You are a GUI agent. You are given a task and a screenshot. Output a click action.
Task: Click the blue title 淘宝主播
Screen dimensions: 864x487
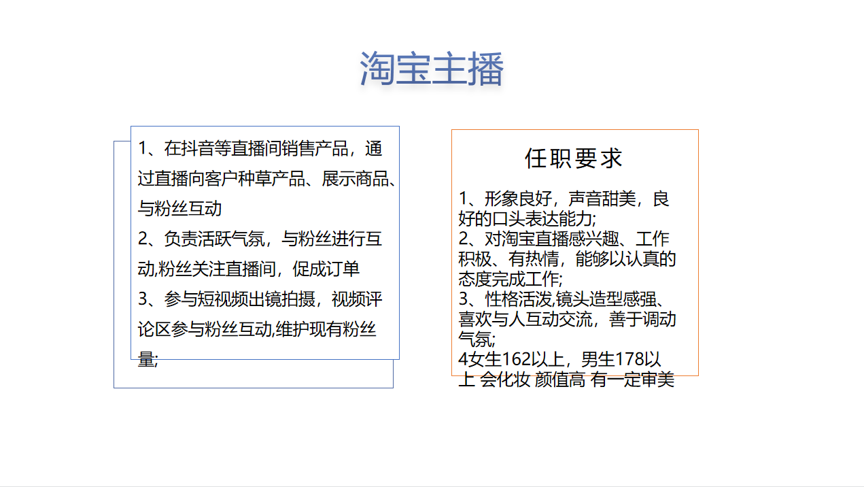point(432,69)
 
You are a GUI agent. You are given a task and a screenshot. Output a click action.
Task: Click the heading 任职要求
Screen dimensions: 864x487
point(574,158)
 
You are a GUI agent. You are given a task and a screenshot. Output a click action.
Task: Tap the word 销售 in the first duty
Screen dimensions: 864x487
point(298,148)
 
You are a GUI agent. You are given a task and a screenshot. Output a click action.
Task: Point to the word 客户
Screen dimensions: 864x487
point(221,179)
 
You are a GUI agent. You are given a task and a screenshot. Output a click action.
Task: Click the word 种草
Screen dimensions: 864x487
point(254,179)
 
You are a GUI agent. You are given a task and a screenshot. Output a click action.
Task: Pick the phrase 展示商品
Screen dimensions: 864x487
point(355,179)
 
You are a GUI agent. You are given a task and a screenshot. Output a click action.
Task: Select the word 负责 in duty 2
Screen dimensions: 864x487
point(181,239)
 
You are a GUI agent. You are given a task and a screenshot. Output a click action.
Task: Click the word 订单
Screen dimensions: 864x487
point(343,269)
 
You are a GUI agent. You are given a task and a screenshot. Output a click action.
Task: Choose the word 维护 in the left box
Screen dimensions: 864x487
point(292,329)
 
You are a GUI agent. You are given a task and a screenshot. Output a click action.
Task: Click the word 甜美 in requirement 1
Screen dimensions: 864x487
point(619,199)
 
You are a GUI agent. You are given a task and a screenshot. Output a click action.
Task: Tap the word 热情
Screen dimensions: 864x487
point(542,259)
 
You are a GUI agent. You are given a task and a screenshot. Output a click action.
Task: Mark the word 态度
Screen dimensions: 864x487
point(474,279)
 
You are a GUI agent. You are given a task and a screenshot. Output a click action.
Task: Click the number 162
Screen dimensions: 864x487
point(516,359)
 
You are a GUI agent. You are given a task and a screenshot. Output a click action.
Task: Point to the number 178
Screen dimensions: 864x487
point(629,359)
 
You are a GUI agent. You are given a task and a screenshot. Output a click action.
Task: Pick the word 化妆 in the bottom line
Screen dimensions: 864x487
point(514,380)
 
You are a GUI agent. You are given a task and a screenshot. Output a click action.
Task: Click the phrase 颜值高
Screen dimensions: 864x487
point(559,380)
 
